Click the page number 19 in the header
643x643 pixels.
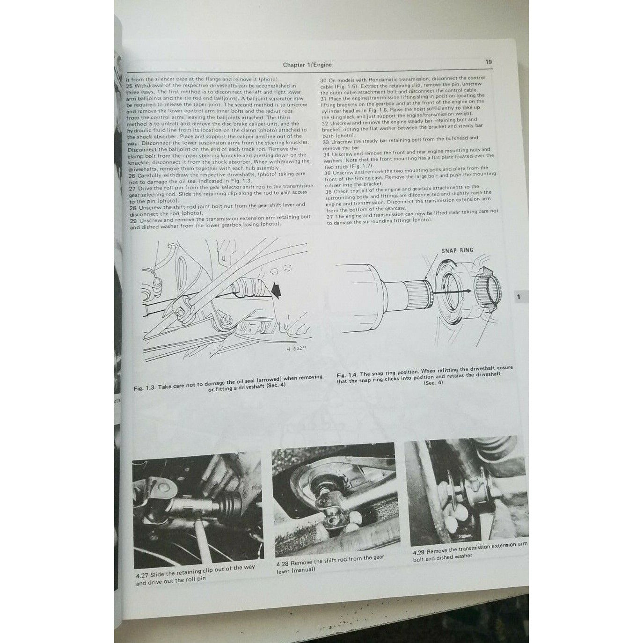coord(488,61)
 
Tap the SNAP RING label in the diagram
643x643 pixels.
coord(457,250)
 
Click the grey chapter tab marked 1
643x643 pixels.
coord(518,297)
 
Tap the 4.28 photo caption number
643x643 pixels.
coord(283,564)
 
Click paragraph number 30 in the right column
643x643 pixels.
coord(319,78)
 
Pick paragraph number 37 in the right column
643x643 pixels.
coord(331,216)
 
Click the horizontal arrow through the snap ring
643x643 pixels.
coord(450,291)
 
